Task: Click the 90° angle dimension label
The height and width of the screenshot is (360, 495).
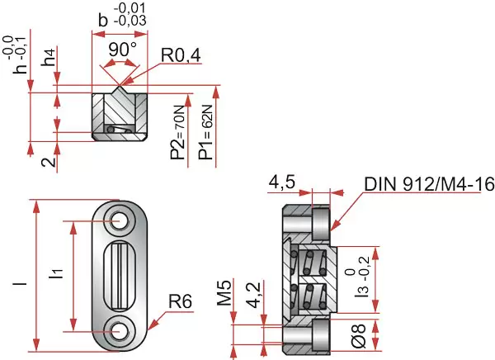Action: coord(122,49)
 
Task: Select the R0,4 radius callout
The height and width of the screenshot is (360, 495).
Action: coord(181,55)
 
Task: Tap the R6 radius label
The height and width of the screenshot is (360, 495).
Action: coord(180,301)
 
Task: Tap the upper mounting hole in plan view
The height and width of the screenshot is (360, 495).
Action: coord(120,220)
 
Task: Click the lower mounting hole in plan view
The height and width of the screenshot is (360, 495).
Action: coord(120,330)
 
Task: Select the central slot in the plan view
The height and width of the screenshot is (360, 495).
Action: coord(120,276)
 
